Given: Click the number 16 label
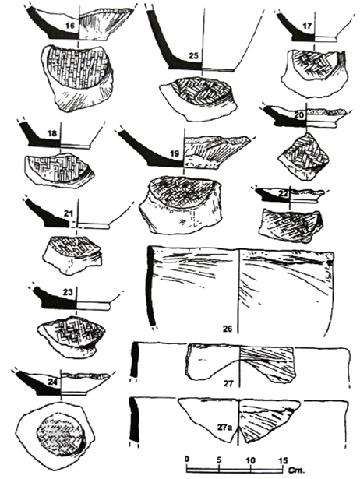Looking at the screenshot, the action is (70, 26).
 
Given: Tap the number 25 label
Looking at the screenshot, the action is (194, 55).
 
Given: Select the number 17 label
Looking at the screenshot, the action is (307, 26).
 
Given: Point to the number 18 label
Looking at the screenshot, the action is (52, 133).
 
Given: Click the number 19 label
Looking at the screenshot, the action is (175, 153).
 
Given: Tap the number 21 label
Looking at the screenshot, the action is (68, 213).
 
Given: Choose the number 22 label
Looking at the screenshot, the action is (284, 194).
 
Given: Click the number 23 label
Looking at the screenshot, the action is (68, 292).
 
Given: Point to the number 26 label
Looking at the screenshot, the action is (228, 329).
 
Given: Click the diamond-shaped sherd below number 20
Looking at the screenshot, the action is (304, 157).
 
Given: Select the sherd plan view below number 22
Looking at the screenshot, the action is (291, 225).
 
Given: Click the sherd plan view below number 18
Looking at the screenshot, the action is (59, 170).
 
